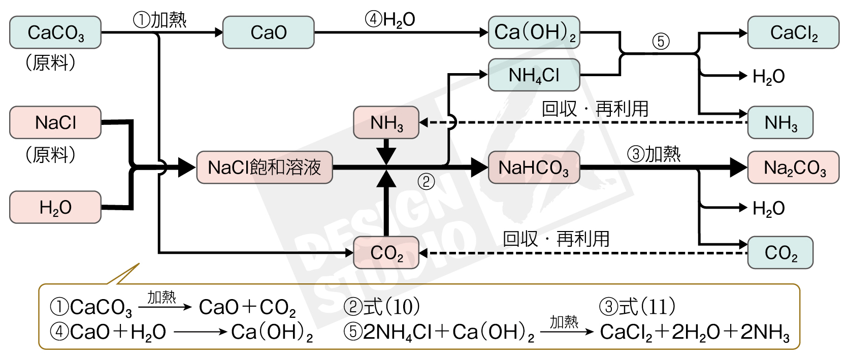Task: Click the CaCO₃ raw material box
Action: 55,32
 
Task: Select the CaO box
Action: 268,32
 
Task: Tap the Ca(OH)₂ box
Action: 534,32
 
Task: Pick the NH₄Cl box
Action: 534,75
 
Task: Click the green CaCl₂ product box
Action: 793,32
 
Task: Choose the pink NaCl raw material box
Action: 55,122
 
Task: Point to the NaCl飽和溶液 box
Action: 265,167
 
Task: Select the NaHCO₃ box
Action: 534,167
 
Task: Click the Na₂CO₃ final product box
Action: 793,167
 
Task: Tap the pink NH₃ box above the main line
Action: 386,122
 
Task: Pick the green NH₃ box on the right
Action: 780,122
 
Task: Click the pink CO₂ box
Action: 386,252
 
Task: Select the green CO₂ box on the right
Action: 780,252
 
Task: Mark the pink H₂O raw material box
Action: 55,207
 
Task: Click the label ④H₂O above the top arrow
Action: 390,20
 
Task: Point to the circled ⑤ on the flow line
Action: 661,41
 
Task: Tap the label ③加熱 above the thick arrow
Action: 654,154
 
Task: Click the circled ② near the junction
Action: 426,181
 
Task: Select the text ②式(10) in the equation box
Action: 382,307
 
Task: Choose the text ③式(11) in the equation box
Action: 637,307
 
